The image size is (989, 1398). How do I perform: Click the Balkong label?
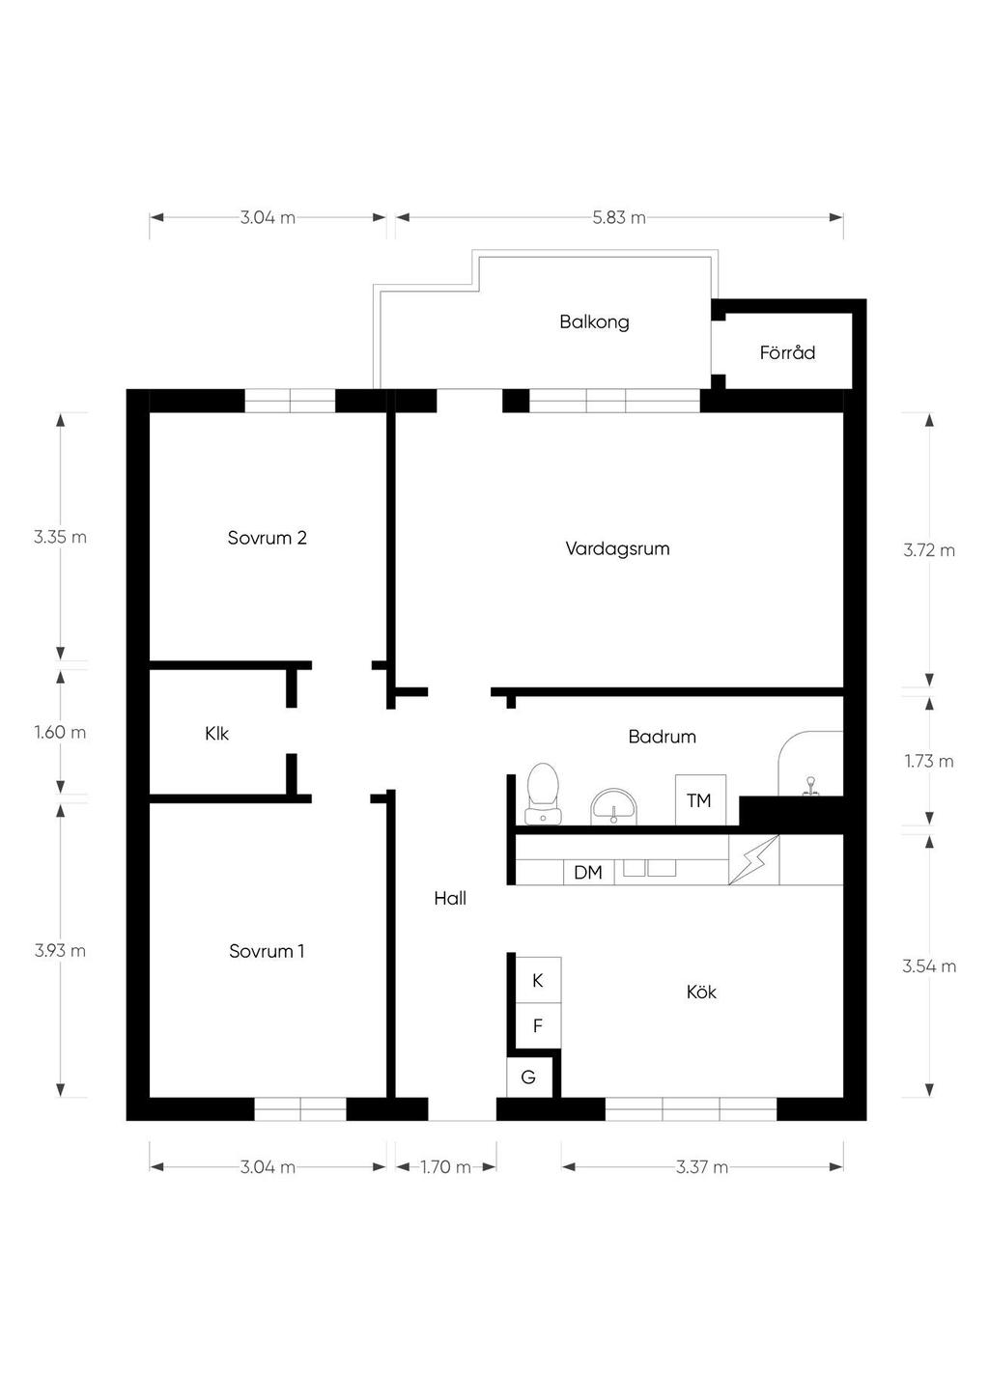pyautogui.click(x=594, y=322)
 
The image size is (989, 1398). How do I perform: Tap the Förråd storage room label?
pyautogui.click(x=787, y=352)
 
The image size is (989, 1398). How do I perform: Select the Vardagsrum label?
pyautogui.click(x=617, y=548)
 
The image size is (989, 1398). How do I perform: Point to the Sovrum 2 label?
pyautogui.click(x=268, y=538)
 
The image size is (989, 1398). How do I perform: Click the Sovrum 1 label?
pyautogui.click(x=267, y=951)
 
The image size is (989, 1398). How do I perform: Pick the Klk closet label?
pyautogui.click(x=216, y=734)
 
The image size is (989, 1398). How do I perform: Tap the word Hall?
pyautogui.click(x=450, y=898)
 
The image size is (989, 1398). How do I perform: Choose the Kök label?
pyautogui.click(x=701, y=992)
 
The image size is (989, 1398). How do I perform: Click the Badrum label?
pyautogui.click(x=662, y=737)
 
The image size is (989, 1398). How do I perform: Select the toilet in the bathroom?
pyautogui.click(x=543, y=794)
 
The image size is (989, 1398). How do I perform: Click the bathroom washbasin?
pyautogui.click(x=613, y=806)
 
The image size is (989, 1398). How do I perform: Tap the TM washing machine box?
pyautogui.click(x=700, y=800)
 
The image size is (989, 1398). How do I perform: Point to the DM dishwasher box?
pyautogui.click(x=588, y=873)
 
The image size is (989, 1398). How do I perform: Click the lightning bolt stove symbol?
pyautogui.click(x=754, y=860)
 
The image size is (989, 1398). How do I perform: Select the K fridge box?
pyautogui.click(x=538, y=981)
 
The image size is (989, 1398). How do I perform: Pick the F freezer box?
pyautogui.click(x=538, y=1026)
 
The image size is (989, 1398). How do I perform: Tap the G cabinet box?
pyautogui.click(x=529, y=1076)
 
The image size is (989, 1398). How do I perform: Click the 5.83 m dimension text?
pyautogui.click(x=619, y=218)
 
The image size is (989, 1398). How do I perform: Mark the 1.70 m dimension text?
pyautogui.click(x=445, y=1167)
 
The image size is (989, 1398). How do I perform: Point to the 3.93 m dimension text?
pyautogui.click(x=60, y=951)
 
